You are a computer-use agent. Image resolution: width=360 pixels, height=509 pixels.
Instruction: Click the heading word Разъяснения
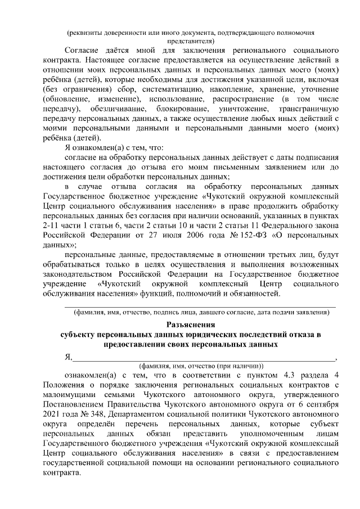(x=191, y=324)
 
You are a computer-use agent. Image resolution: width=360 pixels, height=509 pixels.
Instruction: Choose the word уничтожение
(x=247, y=107)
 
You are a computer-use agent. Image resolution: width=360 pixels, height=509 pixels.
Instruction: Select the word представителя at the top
(x=191, y=41)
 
